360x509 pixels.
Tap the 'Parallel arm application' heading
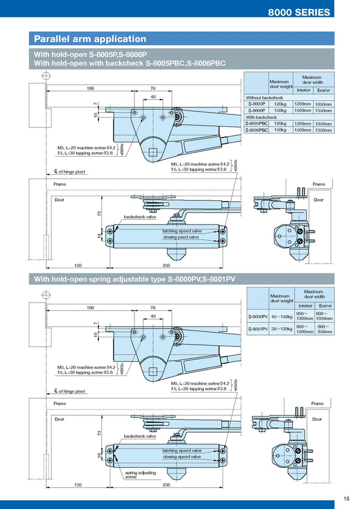90,39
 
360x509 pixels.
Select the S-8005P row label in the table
256,104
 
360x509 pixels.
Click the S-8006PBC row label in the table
257,130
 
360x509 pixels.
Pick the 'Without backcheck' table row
265,97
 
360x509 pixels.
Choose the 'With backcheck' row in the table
262,117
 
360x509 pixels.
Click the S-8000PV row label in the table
257,316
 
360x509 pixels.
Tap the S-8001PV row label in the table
257,328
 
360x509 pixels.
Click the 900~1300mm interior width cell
304,316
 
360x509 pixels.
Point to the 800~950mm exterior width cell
325,328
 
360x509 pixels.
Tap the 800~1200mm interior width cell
304,328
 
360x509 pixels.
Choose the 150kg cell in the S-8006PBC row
280,130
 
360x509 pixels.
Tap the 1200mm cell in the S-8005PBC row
303,123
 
